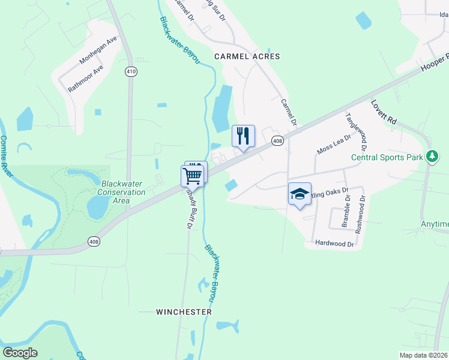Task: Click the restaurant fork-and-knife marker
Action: tap(243, 136)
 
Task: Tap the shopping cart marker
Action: tap(192, 175)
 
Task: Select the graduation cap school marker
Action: tap(300, 194)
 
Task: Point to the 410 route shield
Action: tap(131, 71)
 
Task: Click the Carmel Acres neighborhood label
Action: tap(247, 56)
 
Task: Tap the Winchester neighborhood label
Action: tap(184, 312)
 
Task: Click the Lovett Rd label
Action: tap(384, 112)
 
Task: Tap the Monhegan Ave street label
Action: tap(98, 52)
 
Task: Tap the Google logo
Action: tap(20, 353)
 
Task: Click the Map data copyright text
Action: tap(424, 355)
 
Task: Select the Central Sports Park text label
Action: tap(387, 159)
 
